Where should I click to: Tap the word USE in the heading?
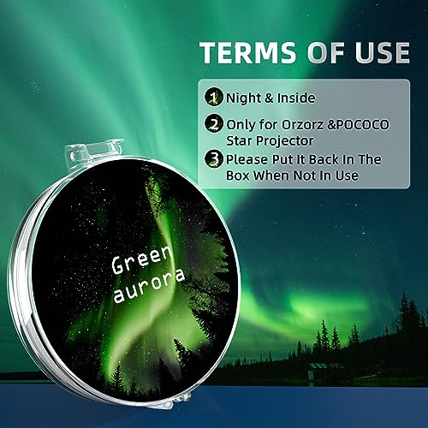click(377, 52)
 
